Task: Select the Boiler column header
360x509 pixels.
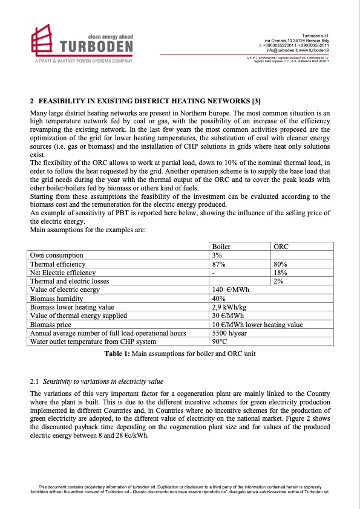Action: pyautogui.click(x=221, y=247)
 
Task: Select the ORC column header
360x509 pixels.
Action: pyautogui.click(x=281, y=247)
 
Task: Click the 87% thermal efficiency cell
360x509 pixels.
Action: pyautogui.click(x=218, y=264)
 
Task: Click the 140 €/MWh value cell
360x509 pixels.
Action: pyautogui.click(x=231, y=290)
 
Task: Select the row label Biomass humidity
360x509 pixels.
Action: pyautogui.click(x=59, y=299)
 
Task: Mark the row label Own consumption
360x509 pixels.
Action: pyautogui.click(x=58, y=256)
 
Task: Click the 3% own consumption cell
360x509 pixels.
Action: pyautogui.click(x=217, y=256)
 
